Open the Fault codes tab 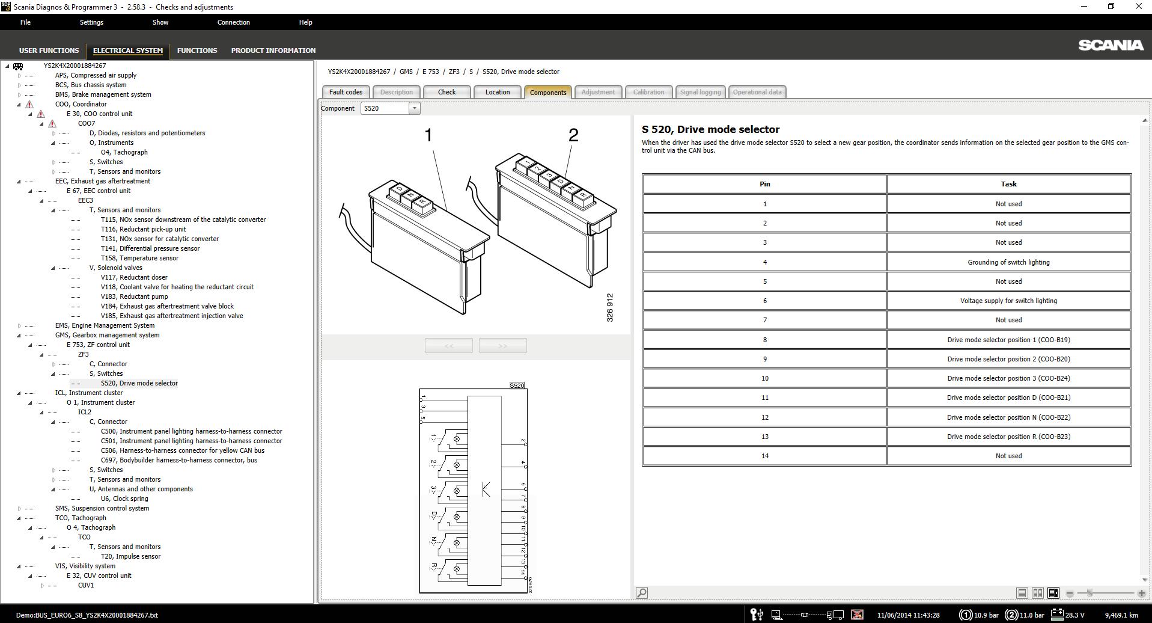[346, 92]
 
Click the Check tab [446, 92]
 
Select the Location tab [497, 92]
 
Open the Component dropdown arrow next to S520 [414, 108]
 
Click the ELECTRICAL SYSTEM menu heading [127, 51]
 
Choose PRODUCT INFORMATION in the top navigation [273, 51]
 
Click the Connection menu [233, 22]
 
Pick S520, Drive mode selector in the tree [139, 383]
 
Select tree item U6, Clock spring [124, 499]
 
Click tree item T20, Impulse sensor [130, 556]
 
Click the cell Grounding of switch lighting [1008, 262]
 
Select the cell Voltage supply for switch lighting [1008, 301]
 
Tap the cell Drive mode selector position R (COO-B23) [1008, 437]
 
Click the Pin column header [764, 184]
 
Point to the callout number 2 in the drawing [573, 135]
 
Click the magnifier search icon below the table [641, 593]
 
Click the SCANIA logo [1110, 45]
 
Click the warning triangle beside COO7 [52, 123]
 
